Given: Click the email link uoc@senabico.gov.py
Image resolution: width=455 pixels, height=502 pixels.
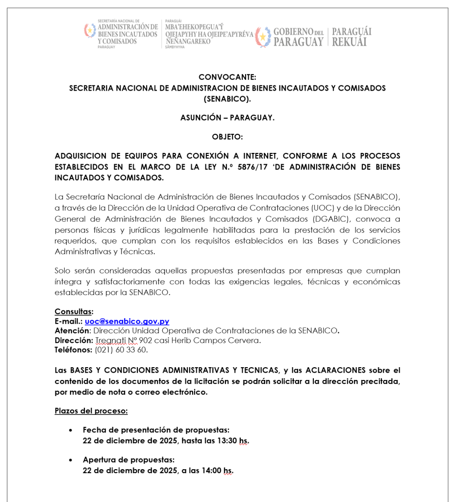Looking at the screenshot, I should pos(127,322).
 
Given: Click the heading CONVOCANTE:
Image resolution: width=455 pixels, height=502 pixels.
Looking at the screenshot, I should pos(227,77).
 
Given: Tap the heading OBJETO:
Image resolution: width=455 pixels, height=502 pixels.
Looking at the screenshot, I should pos(227,137).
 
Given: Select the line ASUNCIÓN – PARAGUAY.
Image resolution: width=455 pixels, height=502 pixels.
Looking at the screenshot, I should pos(227,118).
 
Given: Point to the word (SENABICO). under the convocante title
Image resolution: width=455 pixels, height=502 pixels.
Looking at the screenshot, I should pos(227,99).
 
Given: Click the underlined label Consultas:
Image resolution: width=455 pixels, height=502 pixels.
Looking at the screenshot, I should pos(74,312).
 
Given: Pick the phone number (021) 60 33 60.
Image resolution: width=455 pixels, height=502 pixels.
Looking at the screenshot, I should pos(121,350).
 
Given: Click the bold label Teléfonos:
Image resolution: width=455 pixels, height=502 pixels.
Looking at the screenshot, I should pos(74,350).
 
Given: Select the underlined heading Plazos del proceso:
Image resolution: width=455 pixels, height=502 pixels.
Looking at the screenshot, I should pos(91,411).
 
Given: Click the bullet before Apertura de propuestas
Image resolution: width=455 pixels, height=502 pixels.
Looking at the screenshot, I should pos(71,460).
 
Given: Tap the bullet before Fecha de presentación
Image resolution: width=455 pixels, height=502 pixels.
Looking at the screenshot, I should pos(71,430).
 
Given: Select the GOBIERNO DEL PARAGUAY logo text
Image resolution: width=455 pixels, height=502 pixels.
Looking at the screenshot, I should pos(298,37).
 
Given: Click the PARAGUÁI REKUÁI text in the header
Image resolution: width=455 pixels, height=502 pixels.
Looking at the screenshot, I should pos(351,37).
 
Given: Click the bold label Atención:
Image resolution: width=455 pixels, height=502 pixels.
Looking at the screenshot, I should pos(73,331).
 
